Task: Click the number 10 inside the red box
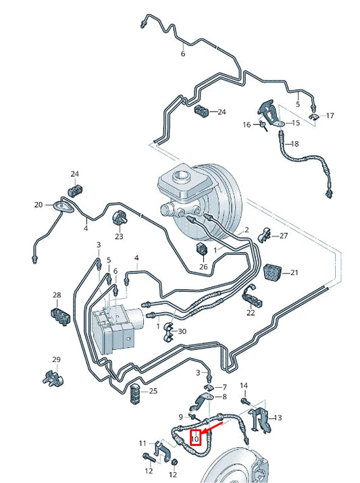tap(195, 438)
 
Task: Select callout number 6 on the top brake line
tap(182, 53)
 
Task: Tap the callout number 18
tap(293, 144)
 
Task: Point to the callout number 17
tap(330, 116)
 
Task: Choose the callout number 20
tap(38, 205)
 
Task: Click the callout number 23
tap(119, 236)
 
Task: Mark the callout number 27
tap(283, 236)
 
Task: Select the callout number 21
tap(293, 273)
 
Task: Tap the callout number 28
tap(57, 295)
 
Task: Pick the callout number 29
tap(57, 359)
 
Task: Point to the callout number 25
tap(153, 392)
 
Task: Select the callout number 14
tap(245, 385)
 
